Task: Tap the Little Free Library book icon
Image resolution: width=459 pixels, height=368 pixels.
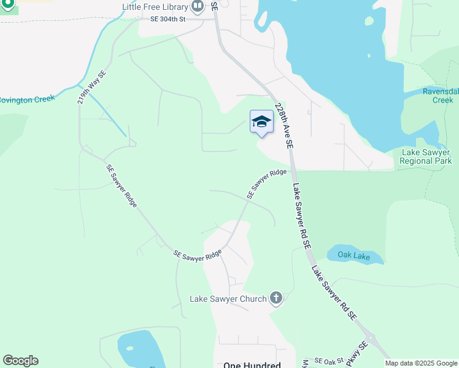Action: coord(198,7)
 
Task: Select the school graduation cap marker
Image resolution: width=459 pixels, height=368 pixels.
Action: coord(261,121)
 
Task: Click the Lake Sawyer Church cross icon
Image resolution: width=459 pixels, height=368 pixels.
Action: coord(276,299)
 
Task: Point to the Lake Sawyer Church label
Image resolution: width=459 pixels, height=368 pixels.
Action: coord(228,299)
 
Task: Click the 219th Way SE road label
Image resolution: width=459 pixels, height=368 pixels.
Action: coord(92,87)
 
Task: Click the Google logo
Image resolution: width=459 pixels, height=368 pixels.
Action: coord(20,361)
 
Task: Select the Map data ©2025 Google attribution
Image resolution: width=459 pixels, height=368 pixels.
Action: coord(422,363)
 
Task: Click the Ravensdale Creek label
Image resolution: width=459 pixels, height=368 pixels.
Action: coord(441,96)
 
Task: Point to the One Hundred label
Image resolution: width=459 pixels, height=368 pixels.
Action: coord(252,365)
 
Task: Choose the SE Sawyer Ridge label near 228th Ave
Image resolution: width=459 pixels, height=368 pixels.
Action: coord(267,183)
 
